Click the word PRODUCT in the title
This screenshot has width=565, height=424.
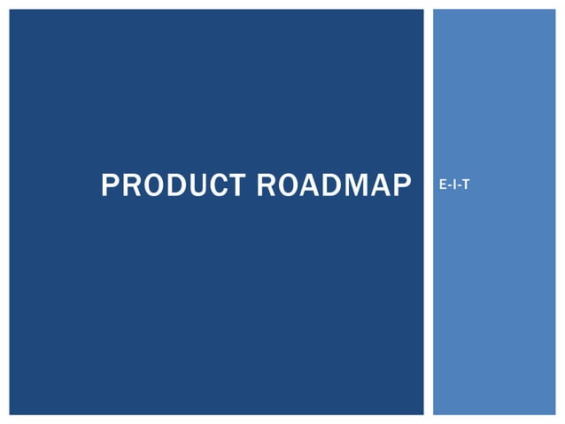coord(174,186)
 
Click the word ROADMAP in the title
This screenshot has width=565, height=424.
coord(335,186)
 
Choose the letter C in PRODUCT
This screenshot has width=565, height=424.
coord(218,186)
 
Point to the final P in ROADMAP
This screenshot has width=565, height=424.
coord(404,186)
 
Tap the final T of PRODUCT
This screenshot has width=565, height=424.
coord(236,186)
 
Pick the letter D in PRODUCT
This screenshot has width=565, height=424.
coord(176,186)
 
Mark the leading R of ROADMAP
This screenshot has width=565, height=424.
coord(267,186)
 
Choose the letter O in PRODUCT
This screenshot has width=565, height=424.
coord(153,186)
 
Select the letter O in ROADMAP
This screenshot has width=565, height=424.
coord(290,186)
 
